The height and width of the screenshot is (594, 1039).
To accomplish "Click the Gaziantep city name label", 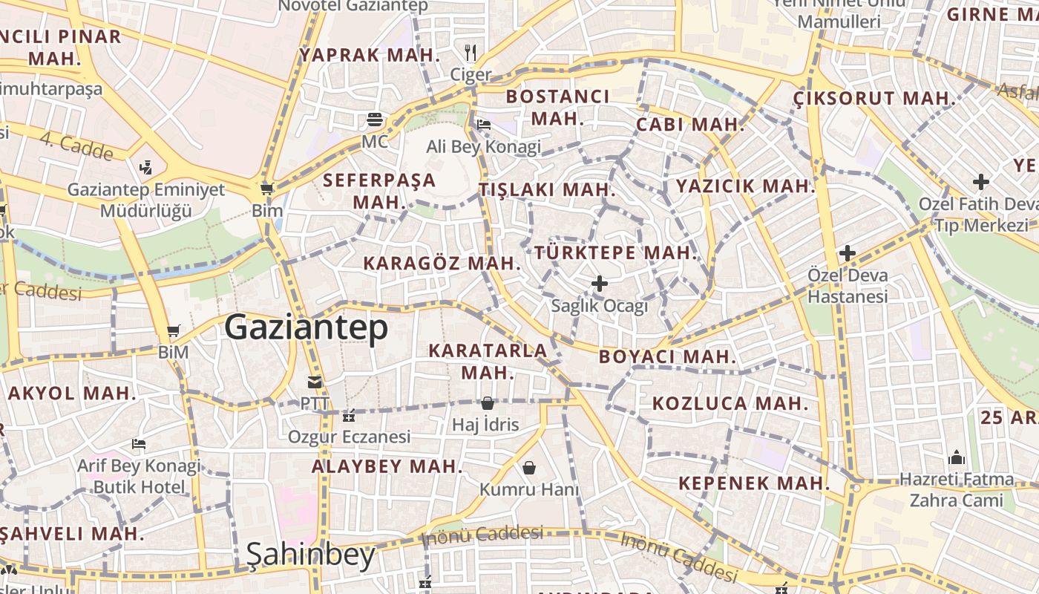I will tap(307, 327).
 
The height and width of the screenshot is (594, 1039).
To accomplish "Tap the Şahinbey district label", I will tap(310, 555).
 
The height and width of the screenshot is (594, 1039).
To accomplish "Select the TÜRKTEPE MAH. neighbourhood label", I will tap(616, 252).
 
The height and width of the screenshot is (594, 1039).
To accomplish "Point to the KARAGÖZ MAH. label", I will tap(442, 263).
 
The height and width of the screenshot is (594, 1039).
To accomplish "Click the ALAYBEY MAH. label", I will tap(387, 467).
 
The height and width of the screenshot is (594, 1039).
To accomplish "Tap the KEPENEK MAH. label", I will tap(753, 483).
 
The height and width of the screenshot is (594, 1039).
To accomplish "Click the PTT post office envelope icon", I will tap(315, 382).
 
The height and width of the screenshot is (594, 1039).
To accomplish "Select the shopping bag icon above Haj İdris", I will tap(487, 403).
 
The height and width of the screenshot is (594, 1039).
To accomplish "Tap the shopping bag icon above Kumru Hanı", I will tap(529, 468).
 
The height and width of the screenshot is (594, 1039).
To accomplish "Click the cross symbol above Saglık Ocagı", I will tap(600, 284).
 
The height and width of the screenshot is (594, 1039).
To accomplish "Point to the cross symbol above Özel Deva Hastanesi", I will tap(848, 253).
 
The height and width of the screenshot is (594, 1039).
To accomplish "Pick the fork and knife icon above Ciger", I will tap(470, 52).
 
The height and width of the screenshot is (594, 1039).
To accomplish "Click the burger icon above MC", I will tap(375, 120).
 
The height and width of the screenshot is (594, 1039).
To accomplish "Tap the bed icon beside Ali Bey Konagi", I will tap(484, 124).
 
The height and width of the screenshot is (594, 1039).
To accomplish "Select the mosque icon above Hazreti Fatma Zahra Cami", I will tap(956, 457).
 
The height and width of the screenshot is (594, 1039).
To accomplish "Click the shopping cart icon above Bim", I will tap(267, 189).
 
